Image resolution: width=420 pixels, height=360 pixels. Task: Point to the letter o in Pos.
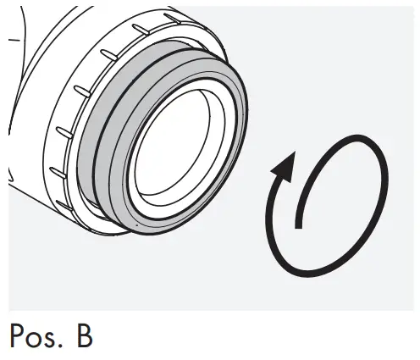[x=38, y=341]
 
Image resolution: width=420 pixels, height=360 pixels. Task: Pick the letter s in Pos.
[x=55, y=341]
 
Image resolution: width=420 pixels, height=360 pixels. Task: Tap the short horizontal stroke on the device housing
[x=12, y=39]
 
